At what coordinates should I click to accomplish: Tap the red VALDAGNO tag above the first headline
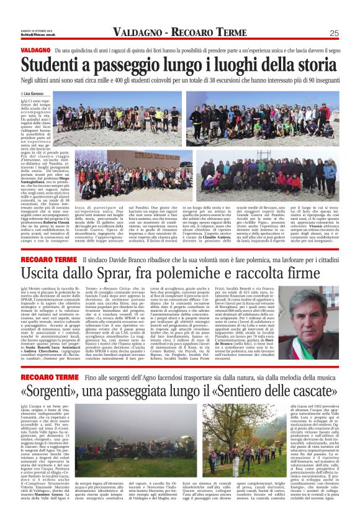tap(35, 50)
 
